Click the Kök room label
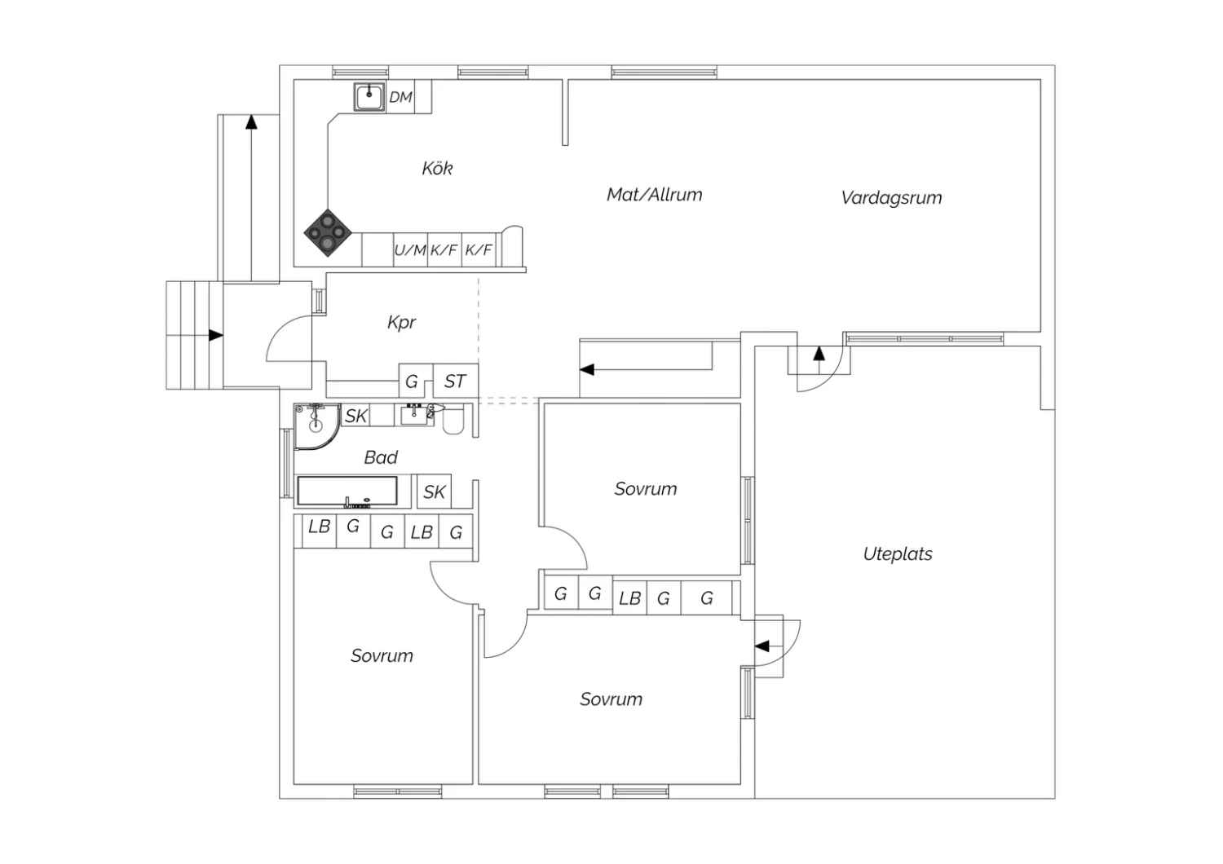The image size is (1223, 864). point(437,168)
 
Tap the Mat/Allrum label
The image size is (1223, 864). point(654,195)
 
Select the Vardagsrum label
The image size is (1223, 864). point(891,198)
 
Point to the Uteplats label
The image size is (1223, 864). point(898,554)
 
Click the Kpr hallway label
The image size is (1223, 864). point(401,323)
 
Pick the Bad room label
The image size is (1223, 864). point(381,457)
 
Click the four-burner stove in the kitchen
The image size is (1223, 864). point(328,232)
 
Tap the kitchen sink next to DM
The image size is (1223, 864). point(369,98)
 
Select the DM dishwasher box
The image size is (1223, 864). point(400,97)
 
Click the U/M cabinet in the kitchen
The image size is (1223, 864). point(410,250)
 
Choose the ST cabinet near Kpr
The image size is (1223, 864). point(455,381)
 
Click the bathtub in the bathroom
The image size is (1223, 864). point(347,492)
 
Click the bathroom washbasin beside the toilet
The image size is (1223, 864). point(414,415)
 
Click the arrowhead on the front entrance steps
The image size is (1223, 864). point(216,335)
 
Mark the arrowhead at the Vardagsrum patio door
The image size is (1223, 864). point(819,354)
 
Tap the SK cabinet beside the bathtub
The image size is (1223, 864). point(434,492)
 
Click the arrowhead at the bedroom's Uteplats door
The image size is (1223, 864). point(762,646)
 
